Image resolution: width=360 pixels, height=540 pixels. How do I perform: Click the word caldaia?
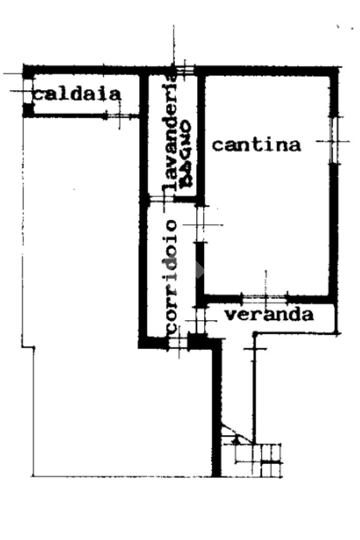click(x=77, y=94)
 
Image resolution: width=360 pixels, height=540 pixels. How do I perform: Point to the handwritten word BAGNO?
click(x=186, y=153)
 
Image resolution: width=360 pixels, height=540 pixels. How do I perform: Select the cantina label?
click(x=256, y=144)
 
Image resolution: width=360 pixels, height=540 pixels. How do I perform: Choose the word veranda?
click(x=269, y=315)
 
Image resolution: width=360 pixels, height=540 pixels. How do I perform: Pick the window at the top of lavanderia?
click(x=184, y=70)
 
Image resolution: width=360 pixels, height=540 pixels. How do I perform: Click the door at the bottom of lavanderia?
click(x=161, y=199)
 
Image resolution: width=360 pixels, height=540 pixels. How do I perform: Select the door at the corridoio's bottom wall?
click(x=178, y=343)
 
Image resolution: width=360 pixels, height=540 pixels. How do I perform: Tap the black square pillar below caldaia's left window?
click(x=27, y=110)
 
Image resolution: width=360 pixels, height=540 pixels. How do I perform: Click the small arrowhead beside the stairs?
click(x=236, y=438)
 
